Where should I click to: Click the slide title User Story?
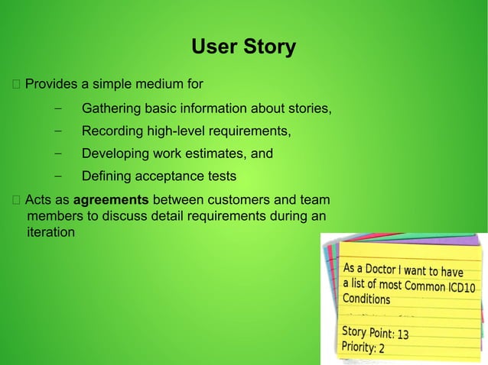[243, 47]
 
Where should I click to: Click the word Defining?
[106, 177]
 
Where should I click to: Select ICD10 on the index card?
[460, 287]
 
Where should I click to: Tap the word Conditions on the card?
[366, 299]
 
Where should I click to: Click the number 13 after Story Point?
[403, 334]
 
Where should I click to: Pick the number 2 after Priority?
[382, 349]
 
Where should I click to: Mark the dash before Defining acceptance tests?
[58, 177]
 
